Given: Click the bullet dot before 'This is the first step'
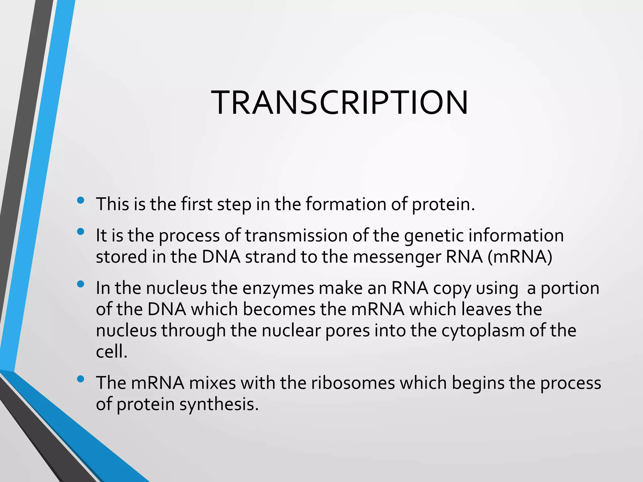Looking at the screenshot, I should pyautogui.click(x=81, y=200).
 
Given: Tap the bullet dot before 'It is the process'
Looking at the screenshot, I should pyautogui.click(x=81, y=232).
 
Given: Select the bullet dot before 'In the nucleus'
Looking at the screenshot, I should pyautogui.click(x=81, y=284).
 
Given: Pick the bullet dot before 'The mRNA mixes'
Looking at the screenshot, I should pyautogui.click(x=81, y=379).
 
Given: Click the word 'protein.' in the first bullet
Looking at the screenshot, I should pyautogui.click(x=443, y=205).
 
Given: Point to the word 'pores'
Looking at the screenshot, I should pyautogui.click(x=347, y=331).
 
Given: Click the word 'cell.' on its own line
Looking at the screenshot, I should pyautogui.click(x=111, y=352).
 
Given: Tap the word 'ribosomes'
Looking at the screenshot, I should pyautogui.click(x=353, y=383).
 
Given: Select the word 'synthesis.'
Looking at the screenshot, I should pyautogui.click(x=219, y=405).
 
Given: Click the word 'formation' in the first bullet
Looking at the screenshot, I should pyautogui.click(x=346, y=204).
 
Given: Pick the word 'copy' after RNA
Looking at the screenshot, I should pyautogui.click(x=452, y=289).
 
